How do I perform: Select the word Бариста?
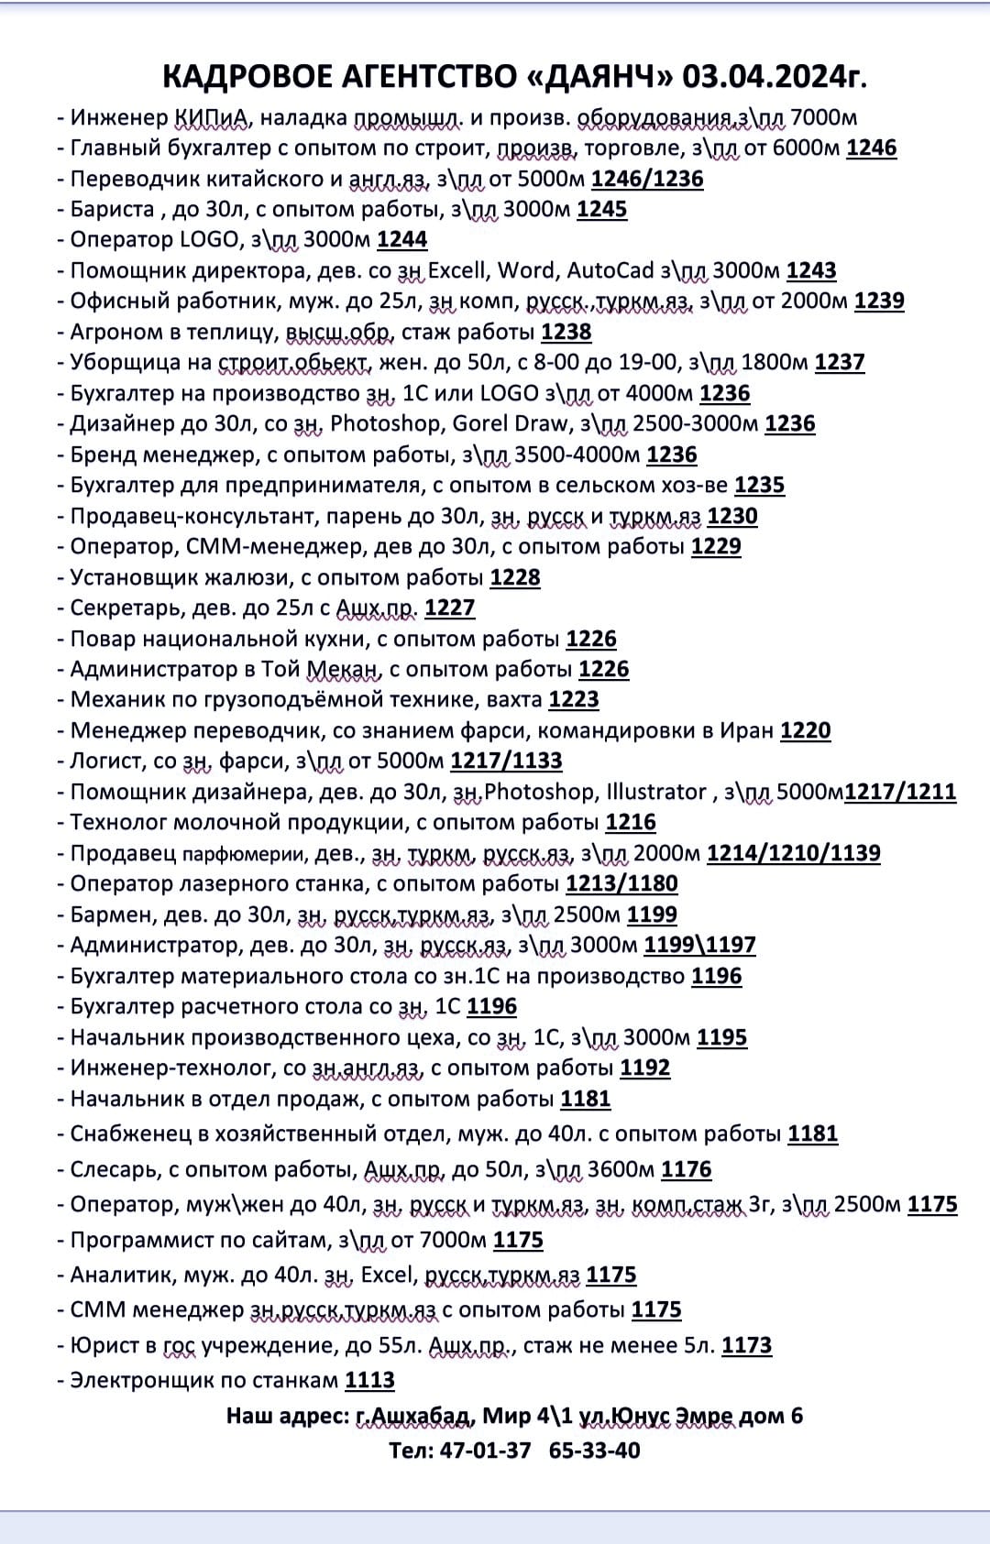pyautogui.click(x=113, y=209)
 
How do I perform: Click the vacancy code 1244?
pyautogui.click(x=401, y=240)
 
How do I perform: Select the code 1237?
pyautogui.click(x=839, y=362)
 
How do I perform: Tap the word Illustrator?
pyautogui.click(x=656, y=792)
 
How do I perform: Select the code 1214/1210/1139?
pyautogui.click(x=793, y=853)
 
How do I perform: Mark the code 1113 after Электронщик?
pyautogui.click(x=369, y=1380)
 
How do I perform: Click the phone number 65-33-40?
pyautogui.click(x=594, y=1451)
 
